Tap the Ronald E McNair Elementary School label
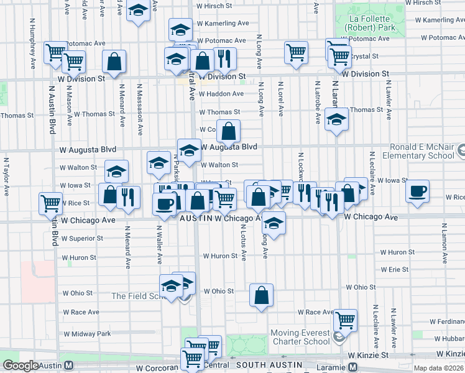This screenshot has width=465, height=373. pos(423,152)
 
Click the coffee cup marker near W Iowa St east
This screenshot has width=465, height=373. pos(418,190)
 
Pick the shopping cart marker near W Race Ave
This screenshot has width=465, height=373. pos(345,320)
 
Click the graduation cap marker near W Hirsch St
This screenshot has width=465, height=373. pos(138,10)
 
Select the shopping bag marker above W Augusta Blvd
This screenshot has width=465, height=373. pos(229,131)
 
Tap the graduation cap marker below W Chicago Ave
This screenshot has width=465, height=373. pos(273,221)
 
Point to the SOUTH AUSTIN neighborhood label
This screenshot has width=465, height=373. pos(269,364)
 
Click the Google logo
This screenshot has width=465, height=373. pos(21,366)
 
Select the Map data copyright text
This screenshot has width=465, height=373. pos(439,368)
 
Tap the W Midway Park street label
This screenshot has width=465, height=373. pos(86,334)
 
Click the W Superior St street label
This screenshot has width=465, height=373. pos(82,239)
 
